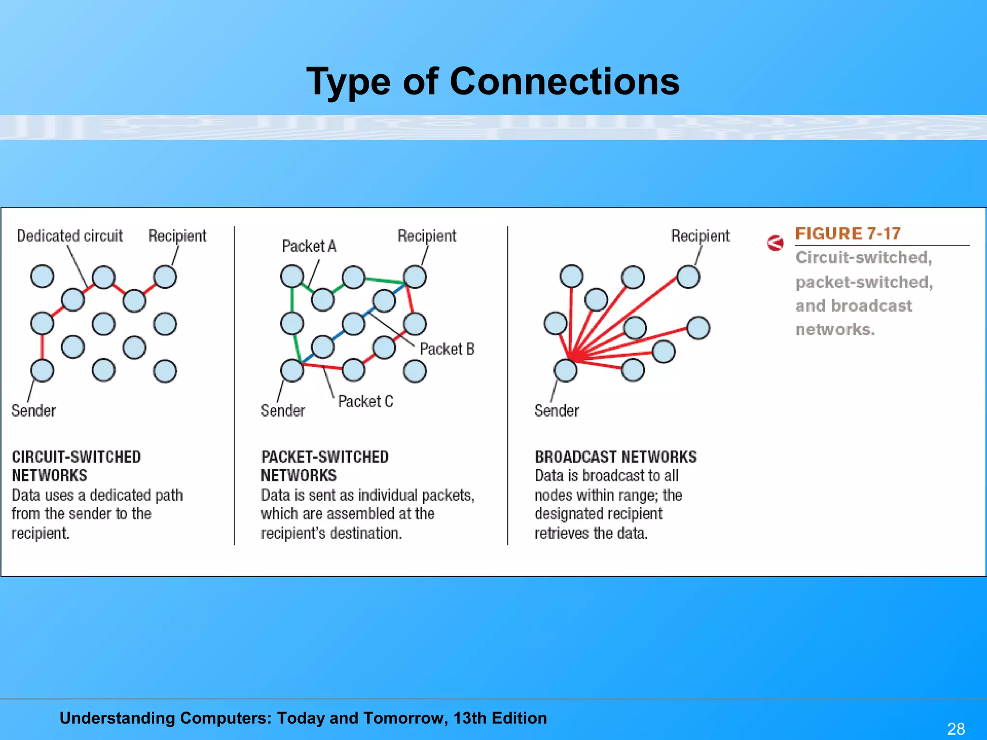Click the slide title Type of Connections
pyautogui.click(x=493, y=81)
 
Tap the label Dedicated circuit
pyautogui.click(x=69, y=236)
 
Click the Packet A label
pyautogui.click(x=309, y=246)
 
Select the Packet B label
pyautogui.click(x=447, y=349)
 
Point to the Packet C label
pyautogui.click(x=365, y=401)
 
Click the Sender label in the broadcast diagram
pyautogui.click(x=556, y=411)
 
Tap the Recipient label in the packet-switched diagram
pyautogui.click(x=427, y=236)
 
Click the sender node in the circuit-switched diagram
pyautogui.click(x=42, y=370)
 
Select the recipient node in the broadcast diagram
pyautogui.click(x=688, y=277)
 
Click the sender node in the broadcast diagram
pyautogui.click(x=565, y=370)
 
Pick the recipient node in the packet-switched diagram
pyautogui.click(x=414, y=277)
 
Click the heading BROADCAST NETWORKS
pyautogui.click(x=615, y=457)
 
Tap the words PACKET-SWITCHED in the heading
pyautogui.click(x=324, y=457)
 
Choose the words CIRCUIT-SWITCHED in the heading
pyautogui.click(x=76, y=457)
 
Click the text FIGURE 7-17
pyautogui.click(x=847, y=234)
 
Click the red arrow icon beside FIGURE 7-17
pyautogui.click(x=775, y=243)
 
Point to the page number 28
pyautogui.click(x=956, y=728)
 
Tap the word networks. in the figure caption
pyautogui.click(x=835, y=330)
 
